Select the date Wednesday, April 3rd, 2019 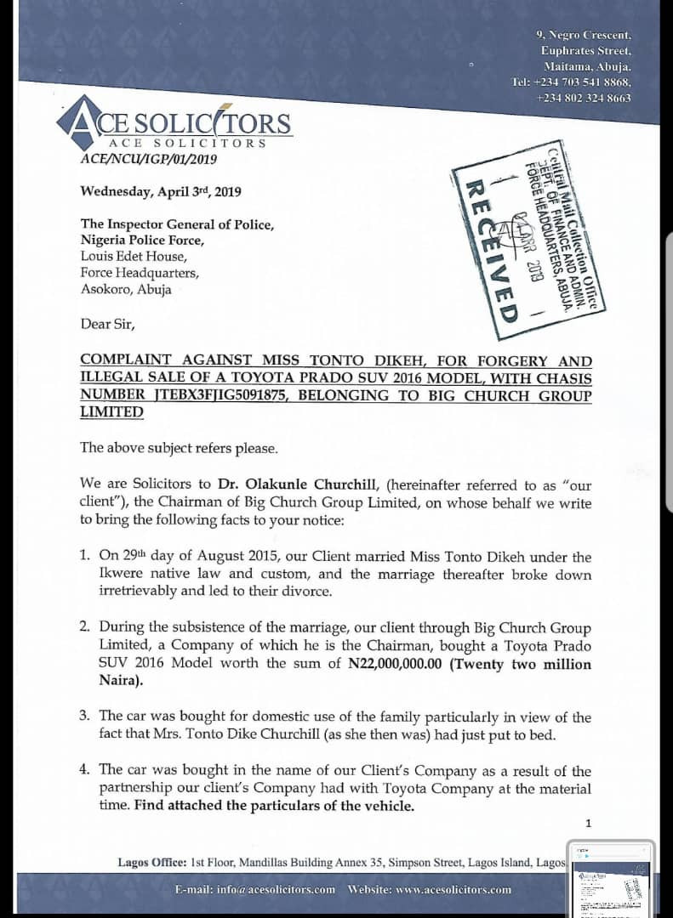161,191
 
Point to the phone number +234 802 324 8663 584,98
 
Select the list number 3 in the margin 84,717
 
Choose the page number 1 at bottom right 588,823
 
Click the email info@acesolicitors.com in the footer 255,889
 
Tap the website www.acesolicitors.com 430,889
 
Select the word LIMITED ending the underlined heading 112,412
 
